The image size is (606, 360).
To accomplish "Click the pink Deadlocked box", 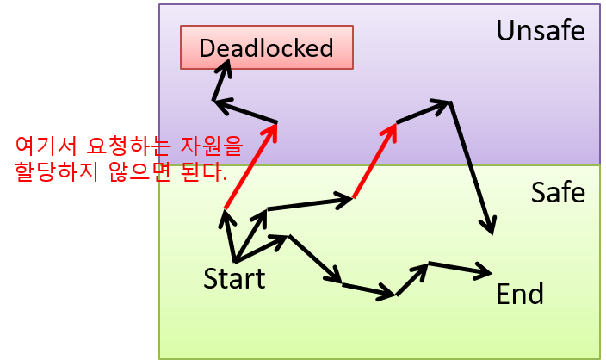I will click(x=266, y=47).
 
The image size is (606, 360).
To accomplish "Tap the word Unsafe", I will click(x=540, y=32).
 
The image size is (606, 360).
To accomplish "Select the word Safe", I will click(x=558, y=192).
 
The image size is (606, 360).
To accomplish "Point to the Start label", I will click(x=234, y=278).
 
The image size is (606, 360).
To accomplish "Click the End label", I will click(x=520, y=295).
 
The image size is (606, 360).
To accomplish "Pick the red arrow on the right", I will click(x=375, y=160).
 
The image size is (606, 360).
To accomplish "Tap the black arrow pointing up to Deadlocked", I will click(x=219, y=84).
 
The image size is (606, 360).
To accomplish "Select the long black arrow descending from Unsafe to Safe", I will click(x=471, y=167).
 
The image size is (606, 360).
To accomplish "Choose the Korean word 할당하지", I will click(x=53, y=171).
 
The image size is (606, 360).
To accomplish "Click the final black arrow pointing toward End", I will click(x=460, y=268).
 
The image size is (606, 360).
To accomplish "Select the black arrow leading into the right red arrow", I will click(x=311, y=203).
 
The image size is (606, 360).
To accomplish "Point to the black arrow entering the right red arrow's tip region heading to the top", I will click(x=423, y=112).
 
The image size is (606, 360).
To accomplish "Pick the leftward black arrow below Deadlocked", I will click(x=244, y=112).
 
